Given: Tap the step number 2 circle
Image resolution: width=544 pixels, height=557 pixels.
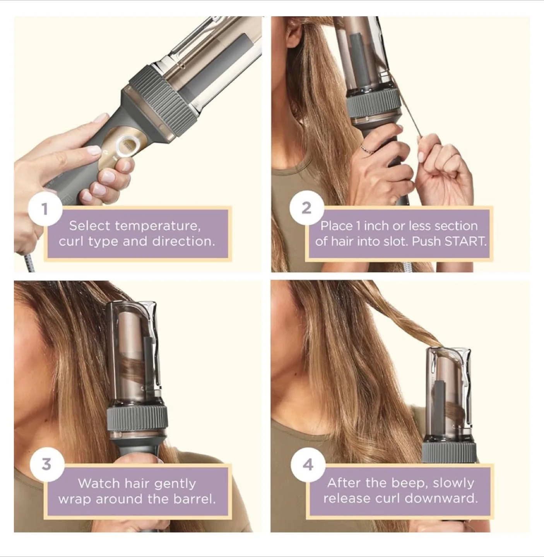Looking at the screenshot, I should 306,208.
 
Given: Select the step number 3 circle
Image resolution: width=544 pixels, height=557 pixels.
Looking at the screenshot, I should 46,464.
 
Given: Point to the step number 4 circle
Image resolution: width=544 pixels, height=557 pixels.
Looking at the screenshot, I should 308,465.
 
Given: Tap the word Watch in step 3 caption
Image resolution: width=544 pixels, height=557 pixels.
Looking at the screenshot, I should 99,484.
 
